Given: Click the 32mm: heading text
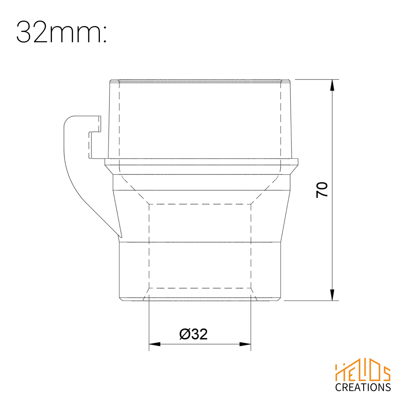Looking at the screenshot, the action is [61, 32].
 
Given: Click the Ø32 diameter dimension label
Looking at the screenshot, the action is [193, 334].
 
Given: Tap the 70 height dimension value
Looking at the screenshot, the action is [322, 190].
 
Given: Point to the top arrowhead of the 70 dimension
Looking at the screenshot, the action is [332, 85].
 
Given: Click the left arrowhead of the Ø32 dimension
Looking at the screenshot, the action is [155, 344].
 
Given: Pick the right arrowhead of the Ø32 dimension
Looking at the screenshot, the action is [245, 344].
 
